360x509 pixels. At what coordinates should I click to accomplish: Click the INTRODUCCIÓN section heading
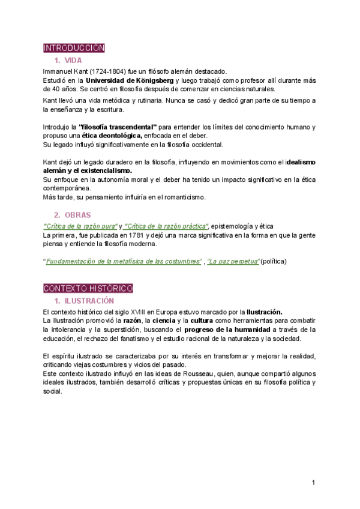[x=74, y=47]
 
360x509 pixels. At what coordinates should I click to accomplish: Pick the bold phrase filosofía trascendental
[x=118, y=127]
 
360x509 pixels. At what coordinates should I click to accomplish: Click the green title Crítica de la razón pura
[x=80, y=226]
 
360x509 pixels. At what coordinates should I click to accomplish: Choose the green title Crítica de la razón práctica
[x=166, y=226]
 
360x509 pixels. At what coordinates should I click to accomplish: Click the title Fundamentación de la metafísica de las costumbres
[x=124, y=261]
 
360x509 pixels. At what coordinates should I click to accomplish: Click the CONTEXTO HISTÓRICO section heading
[x=88, y=289]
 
